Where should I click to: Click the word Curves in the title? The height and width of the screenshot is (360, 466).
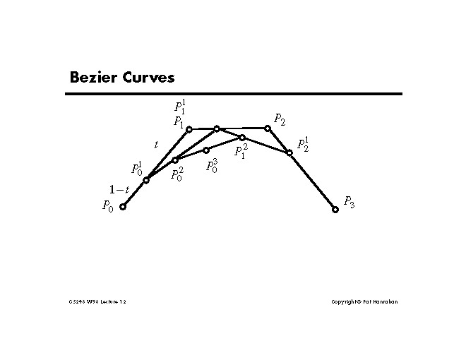[148, 77]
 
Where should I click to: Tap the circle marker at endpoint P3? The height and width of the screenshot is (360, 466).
[335, 210]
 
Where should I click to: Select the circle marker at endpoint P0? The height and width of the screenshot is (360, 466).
[123, 207]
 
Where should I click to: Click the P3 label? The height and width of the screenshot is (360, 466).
[349, 202]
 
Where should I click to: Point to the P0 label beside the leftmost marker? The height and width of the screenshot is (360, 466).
[107, 206]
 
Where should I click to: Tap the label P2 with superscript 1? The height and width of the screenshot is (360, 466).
[303, 145]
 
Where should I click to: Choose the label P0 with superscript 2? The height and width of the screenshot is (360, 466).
[177, 174]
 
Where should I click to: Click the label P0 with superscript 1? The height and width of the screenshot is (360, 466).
[136, 169]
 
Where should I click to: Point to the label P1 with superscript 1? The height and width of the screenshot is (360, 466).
[180, 107]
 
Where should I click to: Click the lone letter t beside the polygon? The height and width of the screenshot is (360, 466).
[156, 145]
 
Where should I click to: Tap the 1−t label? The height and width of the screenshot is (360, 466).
[119, 189]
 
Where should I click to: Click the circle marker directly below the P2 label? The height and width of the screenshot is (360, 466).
[268, 128]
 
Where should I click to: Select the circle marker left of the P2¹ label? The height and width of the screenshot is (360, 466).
[289, 152]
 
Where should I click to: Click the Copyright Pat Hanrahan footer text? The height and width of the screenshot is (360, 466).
[364, 302]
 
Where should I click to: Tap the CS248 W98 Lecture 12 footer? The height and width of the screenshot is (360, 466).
[97, 302]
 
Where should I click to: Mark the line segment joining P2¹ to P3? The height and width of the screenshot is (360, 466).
[312, 181]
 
